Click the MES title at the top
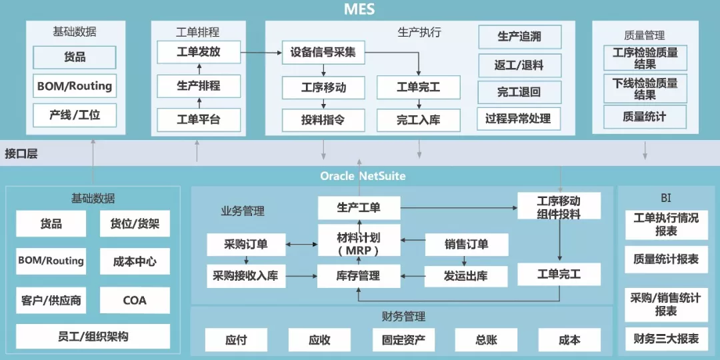359,9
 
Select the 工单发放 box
198,52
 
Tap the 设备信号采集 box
323,52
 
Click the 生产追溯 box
519,37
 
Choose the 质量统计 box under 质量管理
645,117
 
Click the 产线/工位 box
75,115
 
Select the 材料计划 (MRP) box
359,244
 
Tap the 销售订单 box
466,245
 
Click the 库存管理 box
359,275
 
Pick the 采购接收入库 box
245,275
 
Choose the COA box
135,301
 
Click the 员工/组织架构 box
93,337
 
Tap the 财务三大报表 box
666,339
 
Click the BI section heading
666,198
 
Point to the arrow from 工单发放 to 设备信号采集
260,52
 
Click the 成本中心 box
135,262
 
